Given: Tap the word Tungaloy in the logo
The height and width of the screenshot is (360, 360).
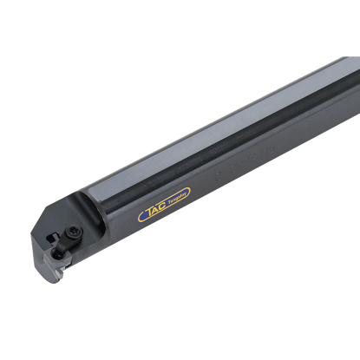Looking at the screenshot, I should coord(178,199).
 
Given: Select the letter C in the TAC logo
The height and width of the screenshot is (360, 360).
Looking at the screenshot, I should coord(162,206).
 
